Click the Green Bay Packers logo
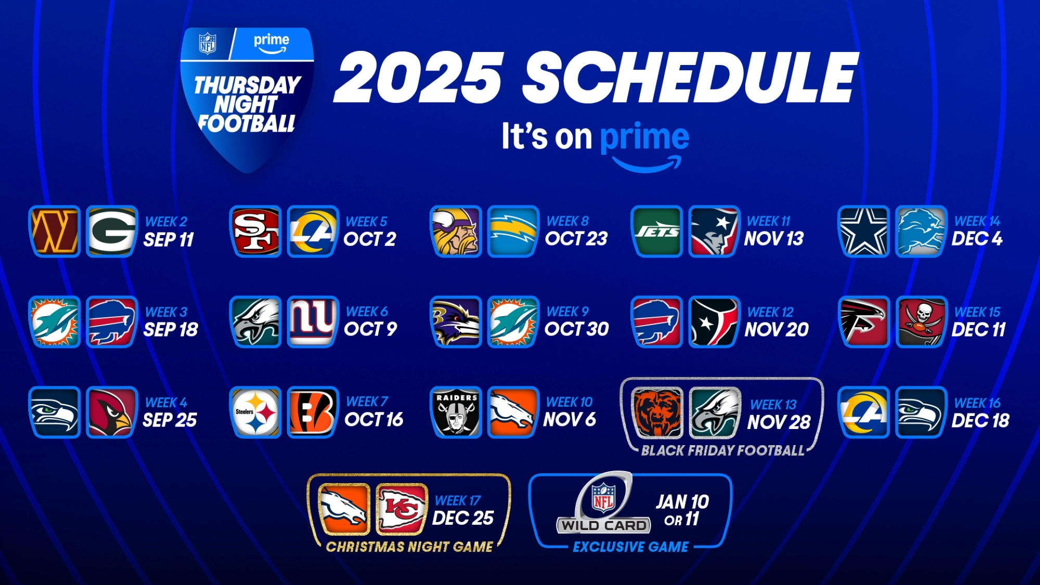112,231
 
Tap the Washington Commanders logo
55,231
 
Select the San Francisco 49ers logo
255,231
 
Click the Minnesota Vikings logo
456,231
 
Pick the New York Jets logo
657,231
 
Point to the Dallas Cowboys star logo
864,231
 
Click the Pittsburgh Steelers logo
255,412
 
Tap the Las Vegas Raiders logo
456,412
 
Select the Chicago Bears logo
657,413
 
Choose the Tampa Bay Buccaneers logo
921,322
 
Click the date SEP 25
170,420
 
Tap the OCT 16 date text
374,420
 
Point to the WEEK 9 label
567,312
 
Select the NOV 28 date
779,422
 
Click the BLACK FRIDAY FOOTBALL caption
723,451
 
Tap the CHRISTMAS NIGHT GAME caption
409,547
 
